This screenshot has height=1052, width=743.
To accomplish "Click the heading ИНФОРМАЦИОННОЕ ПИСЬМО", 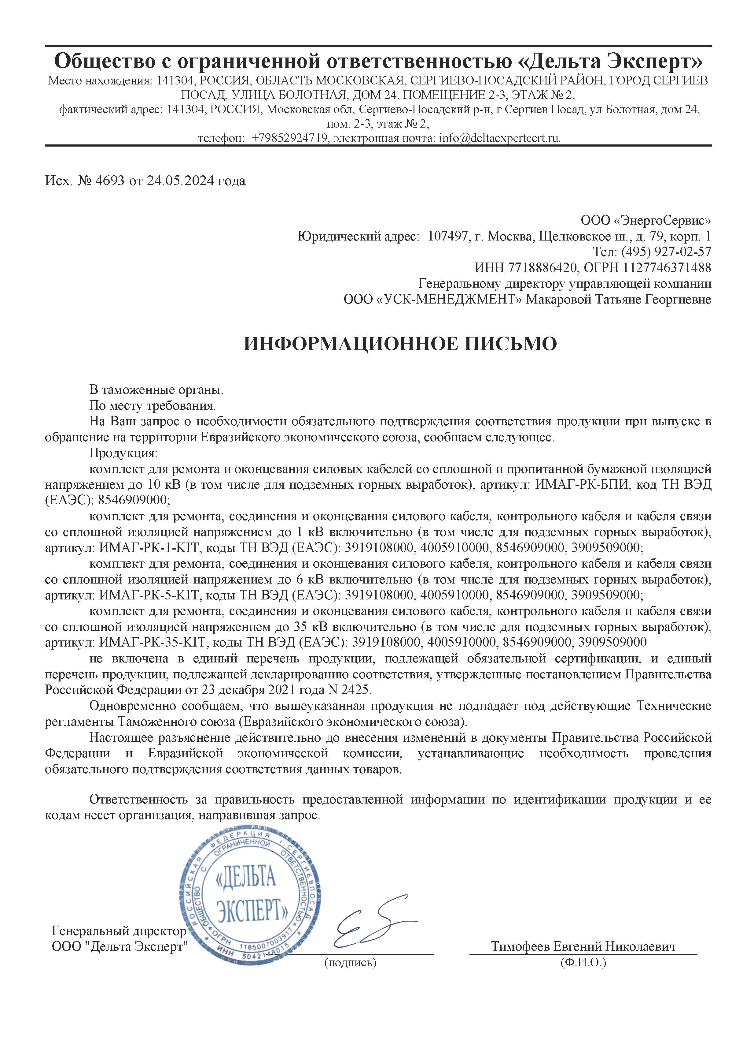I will (400, 344).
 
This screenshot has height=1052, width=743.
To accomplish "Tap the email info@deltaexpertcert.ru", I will (499, 138).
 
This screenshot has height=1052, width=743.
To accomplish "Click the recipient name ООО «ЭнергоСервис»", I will (646, 221).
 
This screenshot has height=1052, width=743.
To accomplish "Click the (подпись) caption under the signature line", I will (350, 963).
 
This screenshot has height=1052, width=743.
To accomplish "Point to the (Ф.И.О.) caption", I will (583, 963).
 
